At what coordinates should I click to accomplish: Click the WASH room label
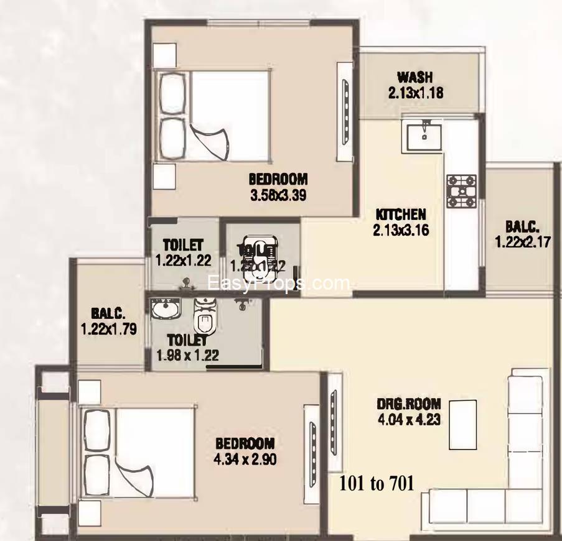tap(414, 78)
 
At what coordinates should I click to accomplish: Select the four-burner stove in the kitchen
tap(461, 191)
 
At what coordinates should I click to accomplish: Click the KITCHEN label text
tap(400, 215)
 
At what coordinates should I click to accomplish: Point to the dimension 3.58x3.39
tap(278, 195)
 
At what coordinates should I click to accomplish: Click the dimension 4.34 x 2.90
tap(245, 460)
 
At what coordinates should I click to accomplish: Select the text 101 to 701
tap(377, 483)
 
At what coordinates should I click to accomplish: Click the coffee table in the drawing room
tap(462, 424)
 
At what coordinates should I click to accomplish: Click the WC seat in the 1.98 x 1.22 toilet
tap(204, 315)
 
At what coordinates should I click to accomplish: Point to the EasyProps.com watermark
tap(278, 284)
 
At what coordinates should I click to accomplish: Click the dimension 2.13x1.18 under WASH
tap(414, 93)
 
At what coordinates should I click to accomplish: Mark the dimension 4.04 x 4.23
tap(409, 419)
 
